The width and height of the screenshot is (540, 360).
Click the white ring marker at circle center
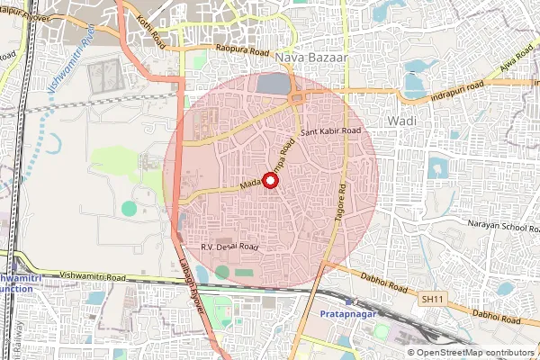pyautogui.click(x=271, y=179)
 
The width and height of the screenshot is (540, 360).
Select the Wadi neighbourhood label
pyautogui.click(x=399, y=120)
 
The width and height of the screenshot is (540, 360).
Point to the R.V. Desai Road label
pyautogui.click(x=229, y=246)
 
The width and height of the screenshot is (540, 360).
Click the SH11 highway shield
pyautogui.click(x=433, y=298)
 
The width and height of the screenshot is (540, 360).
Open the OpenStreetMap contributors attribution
pyautogui.click(x=475, y=353)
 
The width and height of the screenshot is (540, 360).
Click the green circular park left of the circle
pyautogui.click(x=130, y=208)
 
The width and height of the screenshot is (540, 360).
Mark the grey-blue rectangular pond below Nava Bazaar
pyautogui.click(x=270, y=84)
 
